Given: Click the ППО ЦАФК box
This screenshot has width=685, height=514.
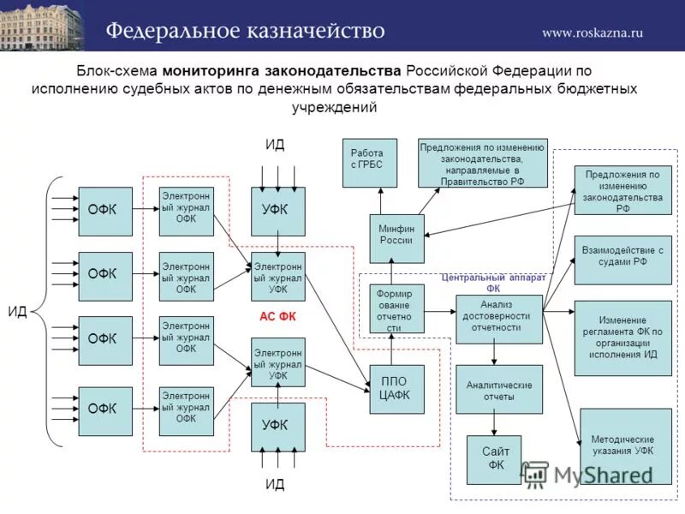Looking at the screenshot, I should pos(396,389).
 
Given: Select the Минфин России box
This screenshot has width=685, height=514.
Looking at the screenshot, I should pos(396,235).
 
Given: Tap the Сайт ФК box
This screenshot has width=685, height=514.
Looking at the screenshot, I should pos(495,459).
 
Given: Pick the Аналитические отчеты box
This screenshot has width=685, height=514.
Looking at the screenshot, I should pos(499,390).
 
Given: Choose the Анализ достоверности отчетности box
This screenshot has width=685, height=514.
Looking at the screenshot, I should pos(499,319).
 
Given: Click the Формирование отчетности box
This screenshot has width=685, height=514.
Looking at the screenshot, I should pos(394,309).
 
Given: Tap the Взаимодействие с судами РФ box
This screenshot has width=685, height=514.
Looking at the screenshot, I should pos(622,260).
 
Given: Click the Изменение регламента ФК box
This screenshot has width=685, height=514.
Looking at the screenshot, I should pos(622,338).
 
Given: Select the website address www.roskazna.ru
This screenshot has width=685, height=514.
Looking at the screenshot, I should pos(592,33).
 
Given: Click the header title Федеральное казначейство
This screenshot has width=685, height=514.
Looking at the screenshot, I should pos(246,31).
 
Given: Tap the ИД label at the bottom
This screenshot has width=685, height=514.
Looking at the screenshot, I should pos(275,484).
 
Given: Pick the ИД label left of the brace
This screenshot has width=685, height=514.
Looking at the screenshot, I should pos(17,311).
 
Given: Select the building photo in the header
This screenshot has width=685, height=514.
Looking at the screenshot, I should pos(43,26).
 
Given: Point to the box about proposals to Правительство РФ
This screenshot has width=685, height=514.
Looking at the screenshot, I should pos(482,163).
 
